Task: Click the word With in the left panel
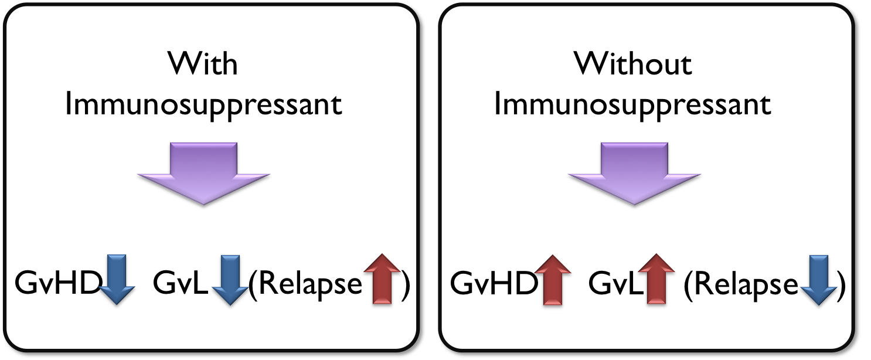tap(203, 63)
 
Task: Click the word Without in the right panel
tap(633, 63)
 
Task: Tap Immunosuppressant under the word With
tap(203, 106)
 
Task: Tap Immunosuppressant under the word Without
tap(632, 106)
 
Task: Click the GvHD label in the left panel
tap(56, 284)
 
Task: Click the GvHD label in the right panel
tap(494, 284)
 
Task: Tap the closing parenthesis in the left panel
tap(404, 285)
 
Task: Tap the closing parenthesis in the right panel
tap(841, 285)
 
